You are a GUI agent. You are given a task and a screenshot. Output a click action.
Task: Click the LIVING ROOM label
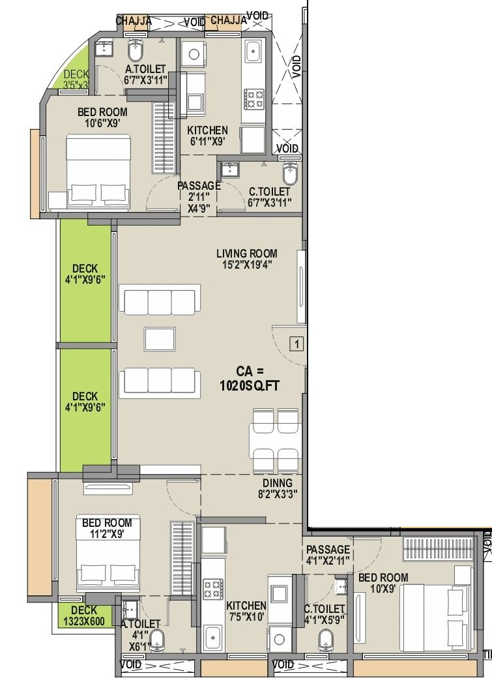point(247,254)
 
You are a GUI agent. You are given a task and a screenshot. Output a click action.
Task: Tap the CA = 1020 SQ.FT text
point(250,379)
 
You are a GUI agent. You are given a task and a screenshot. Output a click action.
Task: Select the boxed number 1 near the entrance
point(297,344)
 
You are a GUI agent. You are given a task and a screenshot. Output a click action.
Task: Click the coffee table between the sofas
point(160,339)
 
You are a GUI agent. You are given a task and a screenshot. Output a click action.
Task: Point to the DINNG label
point(277,483)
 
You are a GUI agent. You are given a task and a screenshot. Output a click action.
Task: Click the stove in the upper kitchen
point(253,99)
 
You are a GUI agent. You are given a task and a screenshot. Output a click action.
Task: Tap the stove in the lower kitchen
point(213,589)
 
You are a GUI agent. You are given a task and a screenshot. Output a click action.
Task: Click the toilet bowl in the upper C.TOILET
point(290,173)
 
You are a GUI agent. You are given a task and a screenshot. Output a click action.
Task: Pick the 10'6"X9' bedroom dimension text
point(102,123)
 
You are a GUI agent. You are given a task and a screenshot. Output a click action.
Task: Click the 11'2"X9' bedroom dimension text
point(107,533)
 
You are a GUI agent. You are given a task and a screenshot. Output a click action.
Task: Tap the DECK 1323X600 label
point(84,616)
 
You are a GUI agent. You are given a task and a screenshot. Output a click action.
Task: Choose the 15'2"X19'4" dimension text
point(248,265)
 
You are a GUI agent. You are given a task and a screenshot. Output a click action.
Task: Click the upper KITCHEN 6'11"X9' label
point(207,136)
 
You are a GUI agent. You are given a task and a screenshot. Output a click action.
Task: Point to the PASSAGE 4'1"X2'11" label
point(328,554)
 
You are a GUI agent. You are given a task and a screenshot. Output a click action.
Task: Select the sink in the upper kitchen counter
point(253,50)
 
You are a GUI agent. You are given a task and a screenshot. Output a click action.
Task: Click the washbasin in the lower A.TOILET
point(130,607)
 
